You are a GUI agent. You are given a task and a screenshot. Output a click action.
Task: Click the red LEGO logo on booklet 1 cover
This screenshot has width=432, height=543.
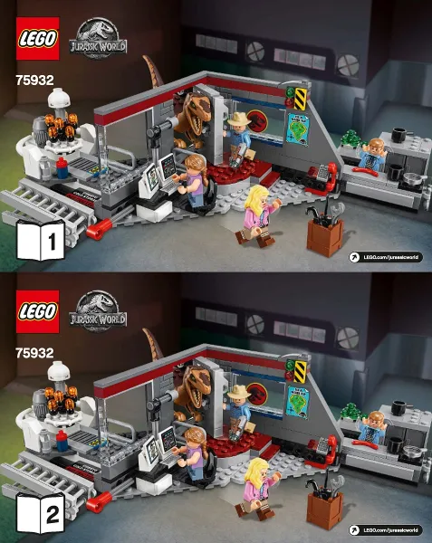[x=36, y=38]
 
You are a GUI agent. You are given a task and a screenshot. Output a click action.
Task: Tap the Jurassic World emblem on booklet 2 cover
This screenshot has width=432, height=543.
[x=98, y=309]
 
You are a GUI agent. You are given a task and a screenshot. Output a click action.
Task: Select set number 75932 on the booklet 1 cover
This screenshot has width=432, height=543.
[x=34, y=79]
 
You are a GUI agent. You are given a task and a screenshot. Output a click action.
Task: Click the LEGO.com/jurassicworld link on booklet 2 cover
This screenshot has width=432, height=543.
[x=384, y=529]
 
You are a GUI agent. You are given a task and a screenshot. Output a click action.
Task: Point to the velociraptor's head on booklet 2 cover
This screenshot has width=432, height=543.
[x=192, y=379]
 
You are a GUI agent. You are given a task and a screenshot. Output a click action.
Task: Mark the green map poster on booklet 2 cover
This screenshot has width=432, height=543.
[x=296, y=401]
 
